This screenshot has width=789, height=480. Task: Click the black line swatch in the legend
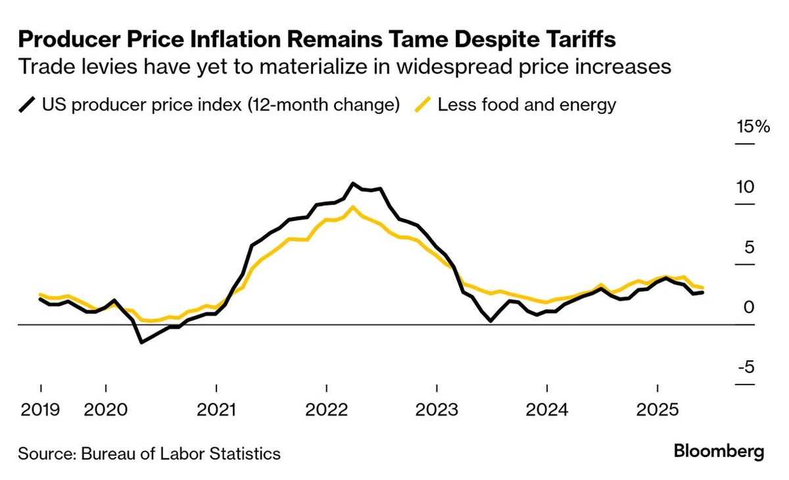27,105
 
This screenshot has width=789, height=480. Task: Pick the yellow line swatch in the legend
423,105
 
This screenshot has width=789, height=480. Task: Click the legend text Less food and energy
527,105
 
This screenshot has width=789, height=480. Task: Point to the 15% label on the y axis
753,126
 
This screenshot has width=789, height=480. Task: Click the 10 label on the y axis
745,187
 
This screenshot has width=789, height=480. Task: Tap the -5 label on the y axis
746,368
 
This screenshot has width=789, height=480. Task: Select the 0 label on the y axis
749,307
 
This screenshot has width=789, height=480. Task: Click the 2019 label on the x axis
40,410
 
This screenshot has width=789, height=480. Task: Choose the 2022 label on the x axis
327,410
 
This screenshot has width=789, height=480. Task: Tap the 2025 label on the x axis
657,410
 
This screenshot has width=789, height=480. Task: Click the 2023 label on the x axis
437,410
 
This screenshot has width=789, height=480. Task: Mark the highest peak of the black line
353,183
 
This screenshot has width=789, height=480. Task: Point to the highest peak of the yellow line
352,207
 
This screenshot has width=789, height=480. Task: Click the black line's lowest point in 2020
141,342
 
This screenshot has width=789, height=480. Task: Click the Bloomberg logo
719,452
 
